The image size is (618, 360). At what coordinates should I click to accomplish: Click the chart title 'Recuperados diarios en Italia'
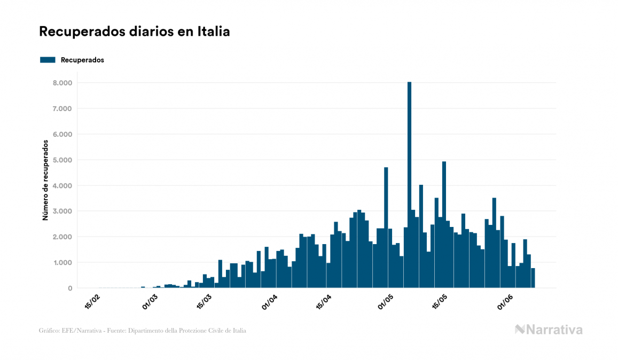[x=135, y=32]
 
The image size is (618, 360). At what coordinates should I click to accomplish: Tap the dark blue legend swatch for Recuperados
[x=48, y=60]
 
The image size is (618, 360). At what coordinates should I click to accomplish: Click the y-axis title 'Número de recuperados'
[x=46, y=180]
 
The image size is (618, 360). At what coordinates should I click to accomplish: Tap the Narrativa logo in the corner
[x=549, y=330]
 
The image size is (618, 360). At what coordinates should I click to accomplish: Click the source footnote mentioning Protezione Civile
[x=143, y=331]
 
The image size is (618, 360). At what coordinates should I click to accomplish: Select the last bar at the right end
[x=533, y=278]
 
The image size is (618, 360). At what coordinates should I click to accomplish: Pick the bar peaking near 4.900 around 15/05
[x=444, y=224]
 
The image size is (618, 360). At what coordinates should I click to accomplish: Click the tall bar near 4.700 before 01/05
[x=386, y=228]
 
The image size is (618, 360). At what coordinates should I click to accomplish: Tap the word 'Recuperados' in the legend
[x=82, y=60]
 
